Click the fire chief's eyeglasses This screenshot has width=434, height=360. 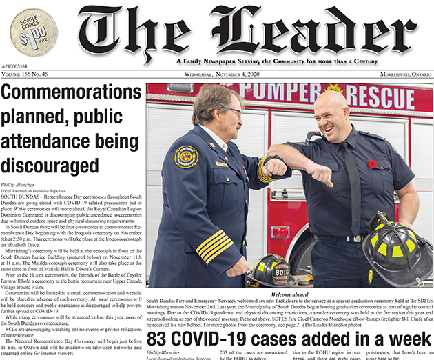231,111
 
